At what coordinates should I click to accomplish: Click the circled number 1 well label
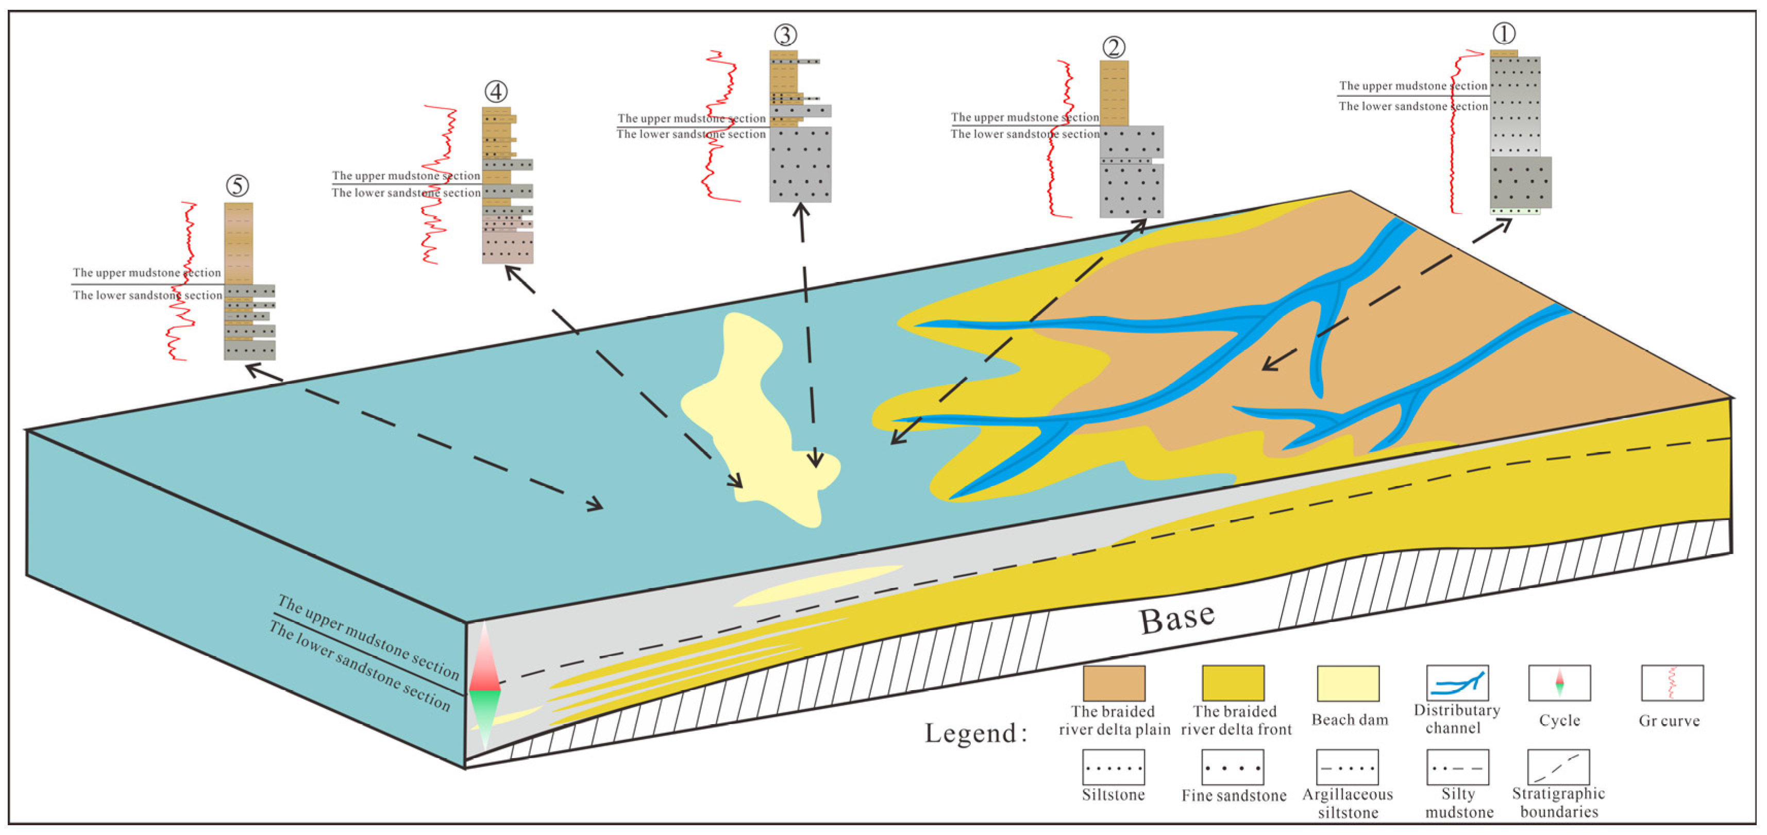1504,33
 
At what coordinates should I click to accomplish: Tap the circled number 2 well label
1113,47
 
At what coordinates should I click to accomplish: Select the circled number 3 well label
785,35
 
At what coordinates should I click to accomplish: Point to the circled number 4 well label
495,91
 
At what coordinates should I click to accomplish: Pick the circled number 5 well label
238,185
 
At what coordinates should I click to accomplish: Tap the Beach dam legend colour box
1348,683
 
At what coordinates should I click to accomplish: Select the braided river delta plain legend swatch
1114,683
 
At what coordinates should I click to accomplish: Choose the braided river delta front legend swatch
1233,683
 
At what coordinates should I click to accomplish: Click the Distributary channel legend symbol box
1457,683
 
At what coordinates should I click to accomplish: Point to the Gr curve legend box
1672,683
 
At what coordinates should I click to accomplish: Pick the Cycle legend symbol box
1559,683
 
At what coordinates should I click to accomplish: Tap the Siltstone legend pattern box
1113,767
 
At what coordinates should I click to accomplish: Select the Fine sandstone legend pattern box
1233,767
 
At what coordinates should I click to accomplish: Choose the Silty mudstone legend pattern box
1458,767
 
